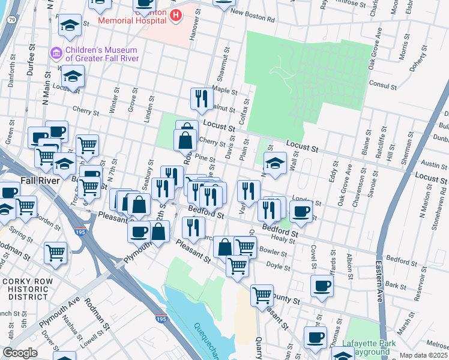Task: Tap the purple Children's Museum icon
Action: [x=56, y=53]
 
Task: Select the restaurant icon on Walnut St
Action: [x=202, y=98]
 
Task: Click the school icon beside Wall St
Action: [x=275, y=163]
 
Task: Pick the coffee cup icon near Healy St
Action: [x=301, y=211]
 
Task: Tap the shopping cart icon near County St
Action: [x=262, y=295]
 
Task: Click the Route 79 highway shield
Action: [x=11, y=19]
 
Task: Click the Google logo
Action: [x=20, y=353]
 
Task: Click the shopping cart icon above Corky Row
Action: [x=55, y=251]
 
